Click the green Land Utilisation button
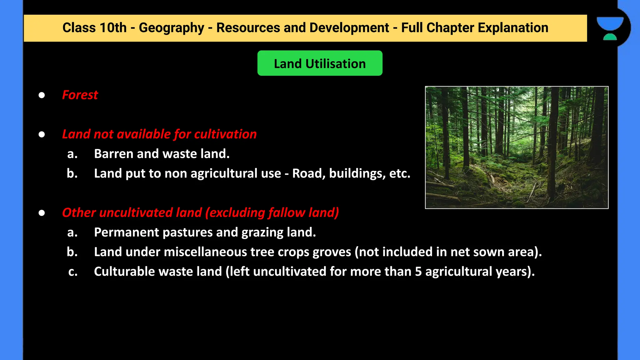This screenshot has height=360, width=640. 320,63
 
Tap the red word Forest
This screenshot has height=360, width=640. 80,95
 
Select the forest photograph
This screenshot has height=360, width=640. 517,147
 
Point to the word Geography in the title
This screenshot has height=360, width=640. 171,28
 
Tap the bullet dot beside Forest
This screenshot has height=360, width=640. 42,95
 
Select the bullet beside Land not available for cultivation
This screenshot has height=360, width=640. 42,134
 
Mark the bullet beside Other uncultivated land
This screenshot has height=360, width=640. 42,213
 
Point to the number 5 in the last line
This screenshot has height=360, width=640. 418,272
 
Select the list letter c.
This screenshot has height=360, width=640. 73,272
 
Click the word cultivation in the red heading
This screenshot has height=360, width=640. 225,134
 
